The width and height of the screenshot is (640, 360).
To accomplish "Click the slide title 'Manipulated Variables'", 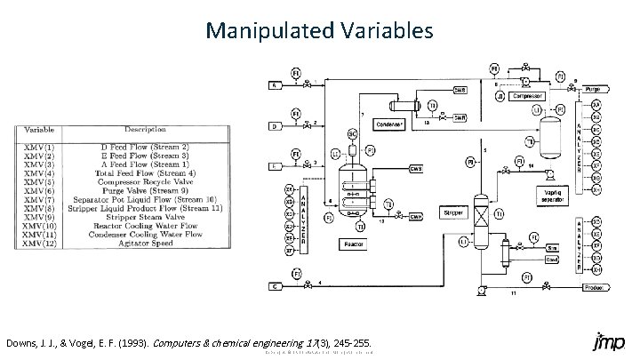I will [319, 31].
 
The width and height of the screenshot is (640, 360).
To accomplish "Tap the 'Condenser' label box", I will [390, 124].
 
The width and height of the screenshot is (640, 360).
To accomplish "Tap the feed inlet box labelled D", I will [276, 127].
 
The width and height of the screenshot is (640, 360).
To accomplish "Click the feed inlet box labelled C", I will [276, 286].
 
